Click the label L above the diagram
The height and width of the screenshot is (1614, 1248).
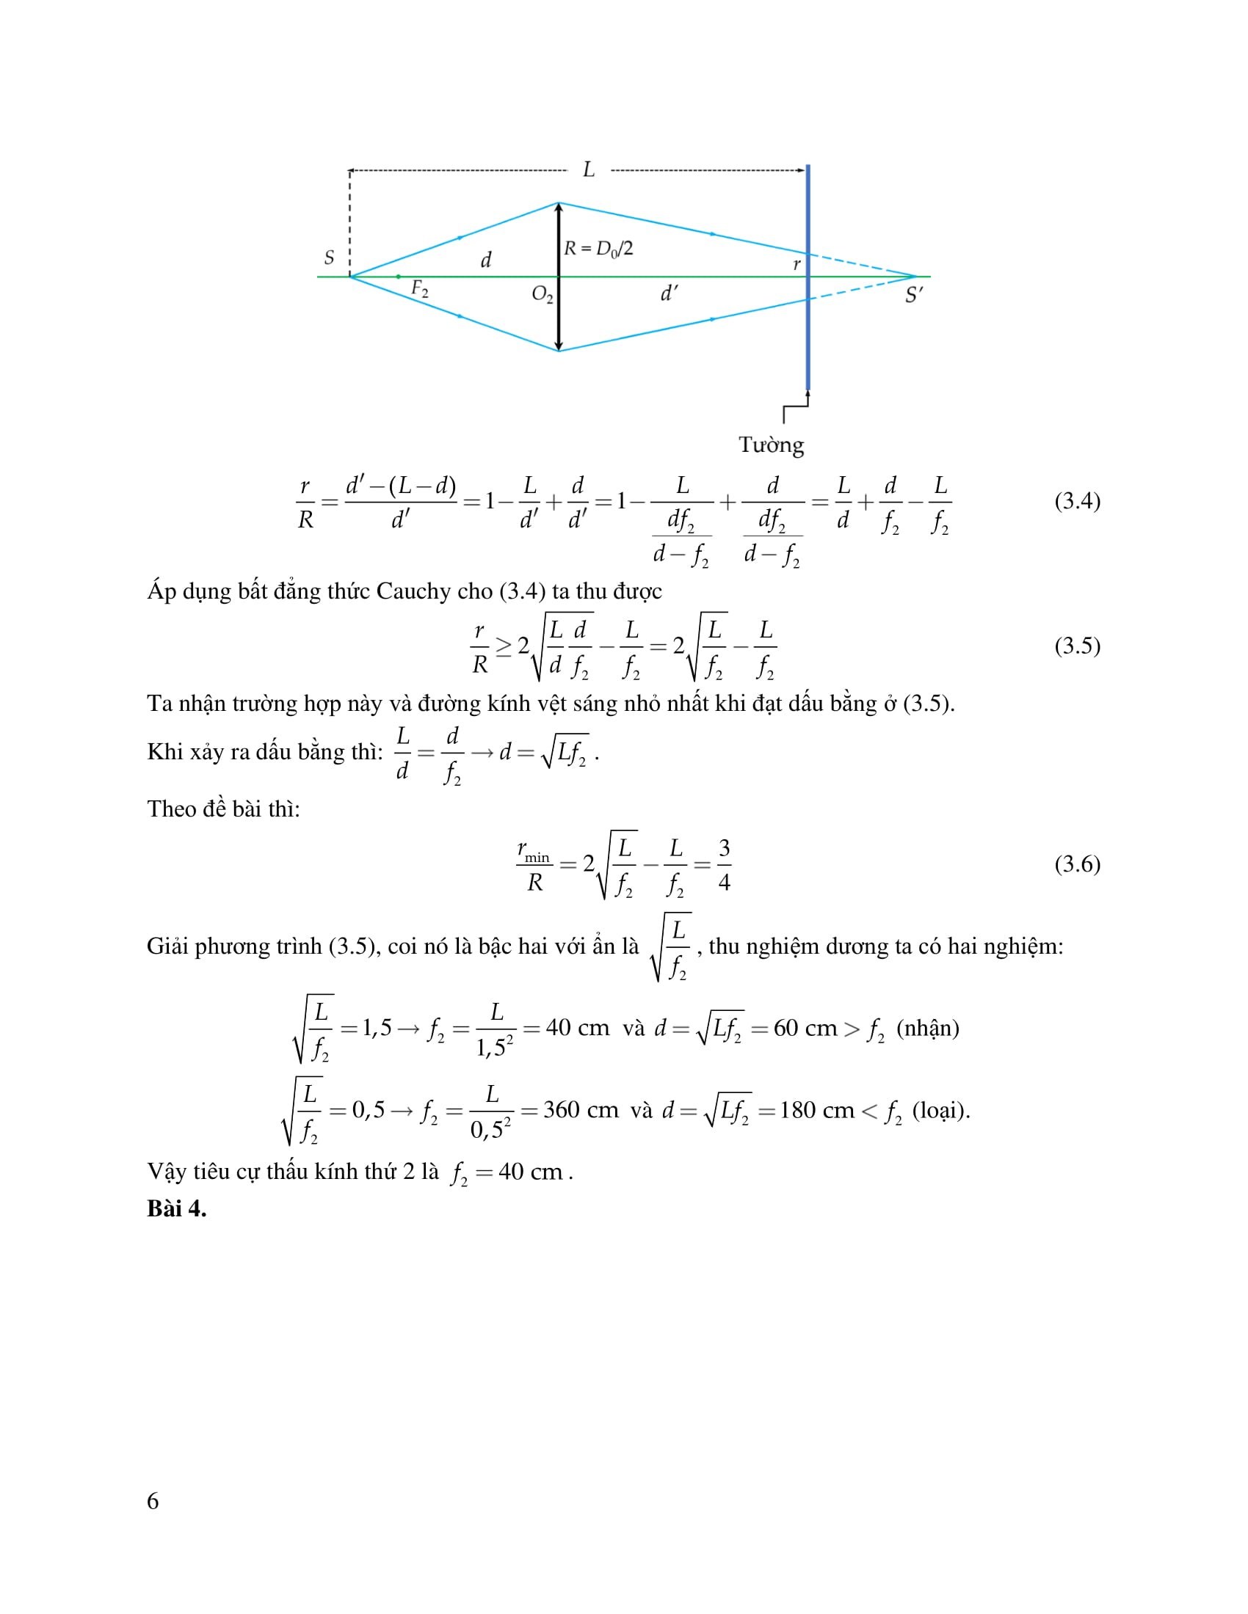point(589,170)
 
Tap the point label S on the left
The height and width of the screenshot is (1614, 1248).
point(329,258)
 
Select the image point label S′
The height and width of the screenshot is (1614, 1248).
point(914,296)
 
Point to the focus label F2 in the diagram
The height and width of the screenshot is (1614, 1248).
point(419,289)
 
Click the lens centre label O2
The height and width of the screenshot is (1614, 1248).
point(542,295)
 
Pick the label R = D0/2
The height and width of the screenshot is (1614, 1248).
point(598,249)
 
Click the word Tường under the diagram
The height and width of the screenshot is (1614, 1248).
point(771,445)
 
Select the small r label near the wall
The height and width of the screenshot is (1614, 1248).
point(797,264)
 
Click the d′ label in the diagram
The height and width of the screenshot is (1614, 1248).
point(668,293)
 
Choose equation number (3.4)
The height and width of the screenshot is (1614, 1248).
point(1077,501)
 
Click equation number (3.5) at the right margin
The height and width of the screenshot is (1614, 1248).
point(1077,646)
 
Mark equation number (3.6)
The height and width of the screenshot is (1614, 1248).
point(1077,864)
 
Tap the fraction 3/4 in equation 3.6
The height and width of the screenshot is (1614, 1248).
point(724,865)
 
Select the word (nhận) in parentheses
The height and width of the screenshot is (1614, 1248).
point(927,1028)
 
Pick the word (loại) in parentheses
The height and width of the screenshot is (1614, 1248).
point(940,1110)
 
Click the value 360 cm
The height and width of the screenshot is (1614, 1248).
point(581,1110)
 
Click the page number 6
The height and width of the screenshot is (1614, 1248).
point(153,1501)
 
